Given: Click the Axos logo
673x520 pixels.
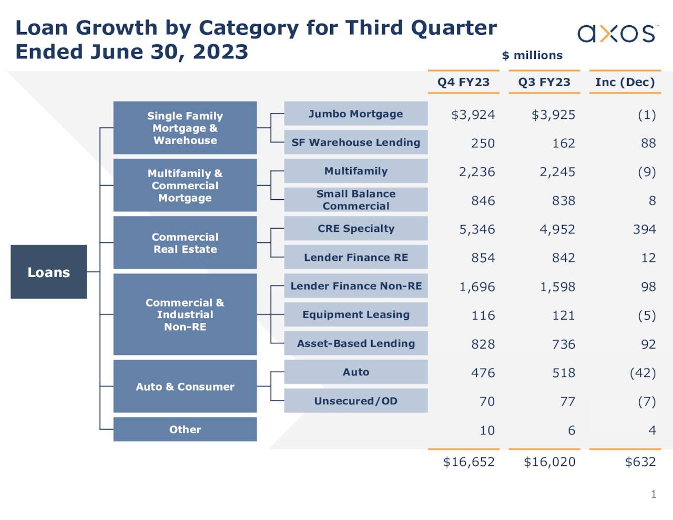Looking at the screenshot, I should point(617,33).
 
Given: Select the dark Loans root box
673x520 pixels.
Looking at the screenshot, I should point(48,272).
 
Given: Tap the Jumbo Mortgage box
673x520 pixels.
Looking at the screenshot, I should point(355,114).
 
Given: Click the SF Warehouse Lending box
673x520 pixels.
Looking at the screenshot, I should point(355,142).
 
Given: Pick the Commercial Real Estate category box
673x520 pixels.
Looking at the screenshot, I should point(185,243).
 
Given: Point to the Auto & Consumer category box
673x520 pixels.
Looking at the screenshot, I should point(185,386).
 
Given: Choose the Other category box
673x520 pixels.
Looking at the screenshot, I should point(185,430).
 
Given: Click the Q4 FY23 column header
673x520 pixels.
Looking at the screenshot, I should point(463,82).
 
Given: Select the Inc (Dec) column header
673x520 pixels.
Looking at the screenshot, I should point(625,82).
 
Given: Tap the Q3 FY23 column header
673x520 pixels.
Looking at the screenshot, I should point(544,82).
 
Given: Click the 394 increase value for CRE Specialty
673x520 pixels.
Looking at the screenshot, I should point(644,229).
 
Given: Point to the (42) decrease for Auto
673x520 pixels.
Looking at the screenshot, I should point(643,373).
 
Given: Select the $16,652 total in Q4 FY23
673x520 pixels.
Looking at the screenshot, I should point(468,462).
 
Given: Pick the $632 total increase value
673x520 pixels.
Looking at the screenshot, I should point(640,462).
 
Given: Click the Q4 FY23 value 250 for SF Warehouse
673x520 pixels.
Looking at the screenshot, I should point(483,143).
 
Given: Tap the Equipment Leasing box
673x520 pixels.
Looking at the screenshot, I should point(355,314).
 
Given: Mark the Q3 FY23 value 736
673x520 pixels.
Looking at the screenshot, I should point(563,344).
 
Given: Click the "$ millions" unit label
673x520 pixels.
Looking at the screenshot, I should point(532,55).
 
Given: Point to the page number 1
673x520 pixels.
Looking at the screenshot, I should point(654,494).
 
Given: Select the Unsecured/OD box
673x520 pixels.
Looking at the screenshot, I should point(355,401).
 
